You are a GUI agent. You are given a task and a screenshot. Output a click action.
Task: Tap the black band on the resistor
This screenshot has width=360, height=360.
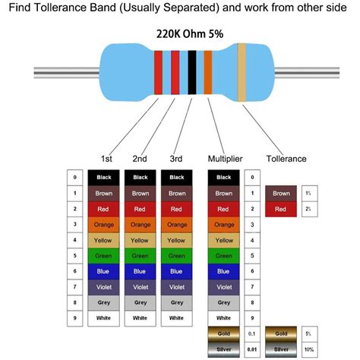click(192, 73)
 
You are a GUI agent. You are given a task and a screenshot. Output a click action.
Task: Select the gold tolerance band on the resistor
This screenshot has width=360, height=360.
click(242, 73)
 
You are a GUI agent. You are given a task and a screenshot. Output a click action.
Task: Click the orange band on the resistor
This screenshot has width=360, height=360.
click(207, 73)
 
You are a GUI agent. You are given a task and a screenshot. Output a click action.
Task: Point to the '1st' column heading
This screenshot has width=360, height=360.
click(107, 159)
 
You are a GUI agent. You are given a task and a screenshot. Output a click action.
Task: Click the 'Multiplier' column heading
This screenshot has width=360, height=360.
click(225, 159)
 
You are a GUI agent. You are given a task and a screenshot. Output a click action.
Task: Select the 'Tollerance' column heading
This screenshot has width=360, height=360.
click(286, 159)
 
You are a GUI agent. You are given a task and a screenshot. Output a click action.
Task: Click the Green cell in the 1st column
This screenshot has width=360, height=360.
click(104, 256)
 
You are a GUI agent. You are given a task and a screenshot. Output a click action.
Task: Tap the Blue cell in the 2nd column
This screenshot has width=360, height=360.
click(140, 271)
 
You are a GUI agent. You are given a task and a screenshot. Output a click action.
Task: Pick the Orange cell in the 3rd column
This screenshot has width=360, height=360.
click(176, 224)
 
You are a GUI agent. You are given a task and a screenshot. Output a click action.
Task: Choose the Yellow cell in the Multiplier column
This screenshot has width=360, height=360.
click(224, 240)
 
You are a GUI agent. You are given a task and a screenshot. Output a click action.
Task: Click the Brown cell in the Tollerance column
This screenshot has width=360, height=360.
click(280, 193)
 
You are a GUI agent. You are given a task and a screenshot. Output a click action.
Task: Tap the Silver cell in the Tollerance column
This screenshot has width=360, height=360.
click(280, 349)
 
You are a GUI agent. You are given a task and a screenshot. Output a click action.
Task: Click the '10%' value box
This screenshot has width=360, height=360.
click(308, 349)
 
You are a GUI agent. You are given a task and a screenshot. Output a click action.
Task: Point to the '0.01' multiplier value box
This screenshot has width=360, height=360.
click(254, 349)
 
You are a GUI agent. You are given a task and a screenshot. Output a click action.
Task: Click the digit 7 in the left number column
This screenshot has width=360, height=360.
click(74, 287)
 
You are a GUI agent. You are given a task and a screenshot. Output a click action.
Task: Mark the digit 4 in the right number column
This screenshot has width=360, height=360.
click(254, 240)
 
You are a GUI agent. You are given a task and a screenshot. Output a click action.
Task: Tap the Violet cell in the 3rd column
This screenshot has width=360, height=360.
click(176, 287)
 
